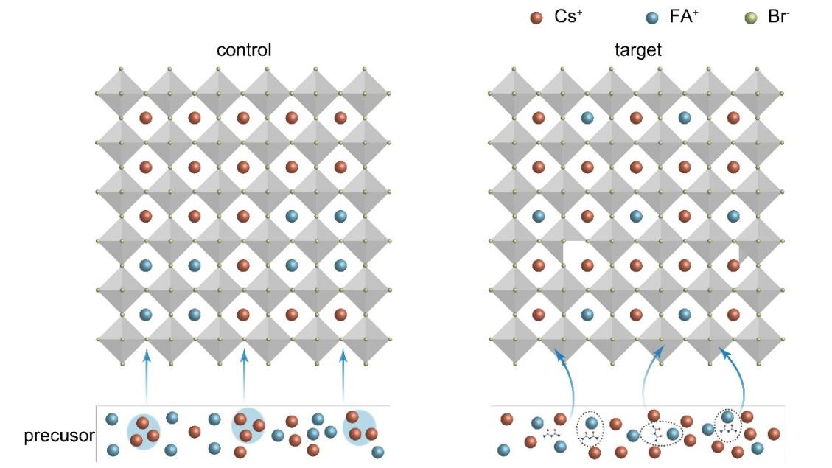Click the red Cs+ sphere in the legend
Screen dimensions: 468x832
[538, 17]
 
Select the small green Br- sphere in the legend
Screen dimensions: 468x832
[752, 17]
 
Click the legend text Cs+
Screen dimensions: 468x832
[567, 16]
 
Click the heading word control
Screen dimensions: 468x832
[244, 51]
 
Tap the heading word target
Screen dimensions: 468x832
[636, 51]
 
